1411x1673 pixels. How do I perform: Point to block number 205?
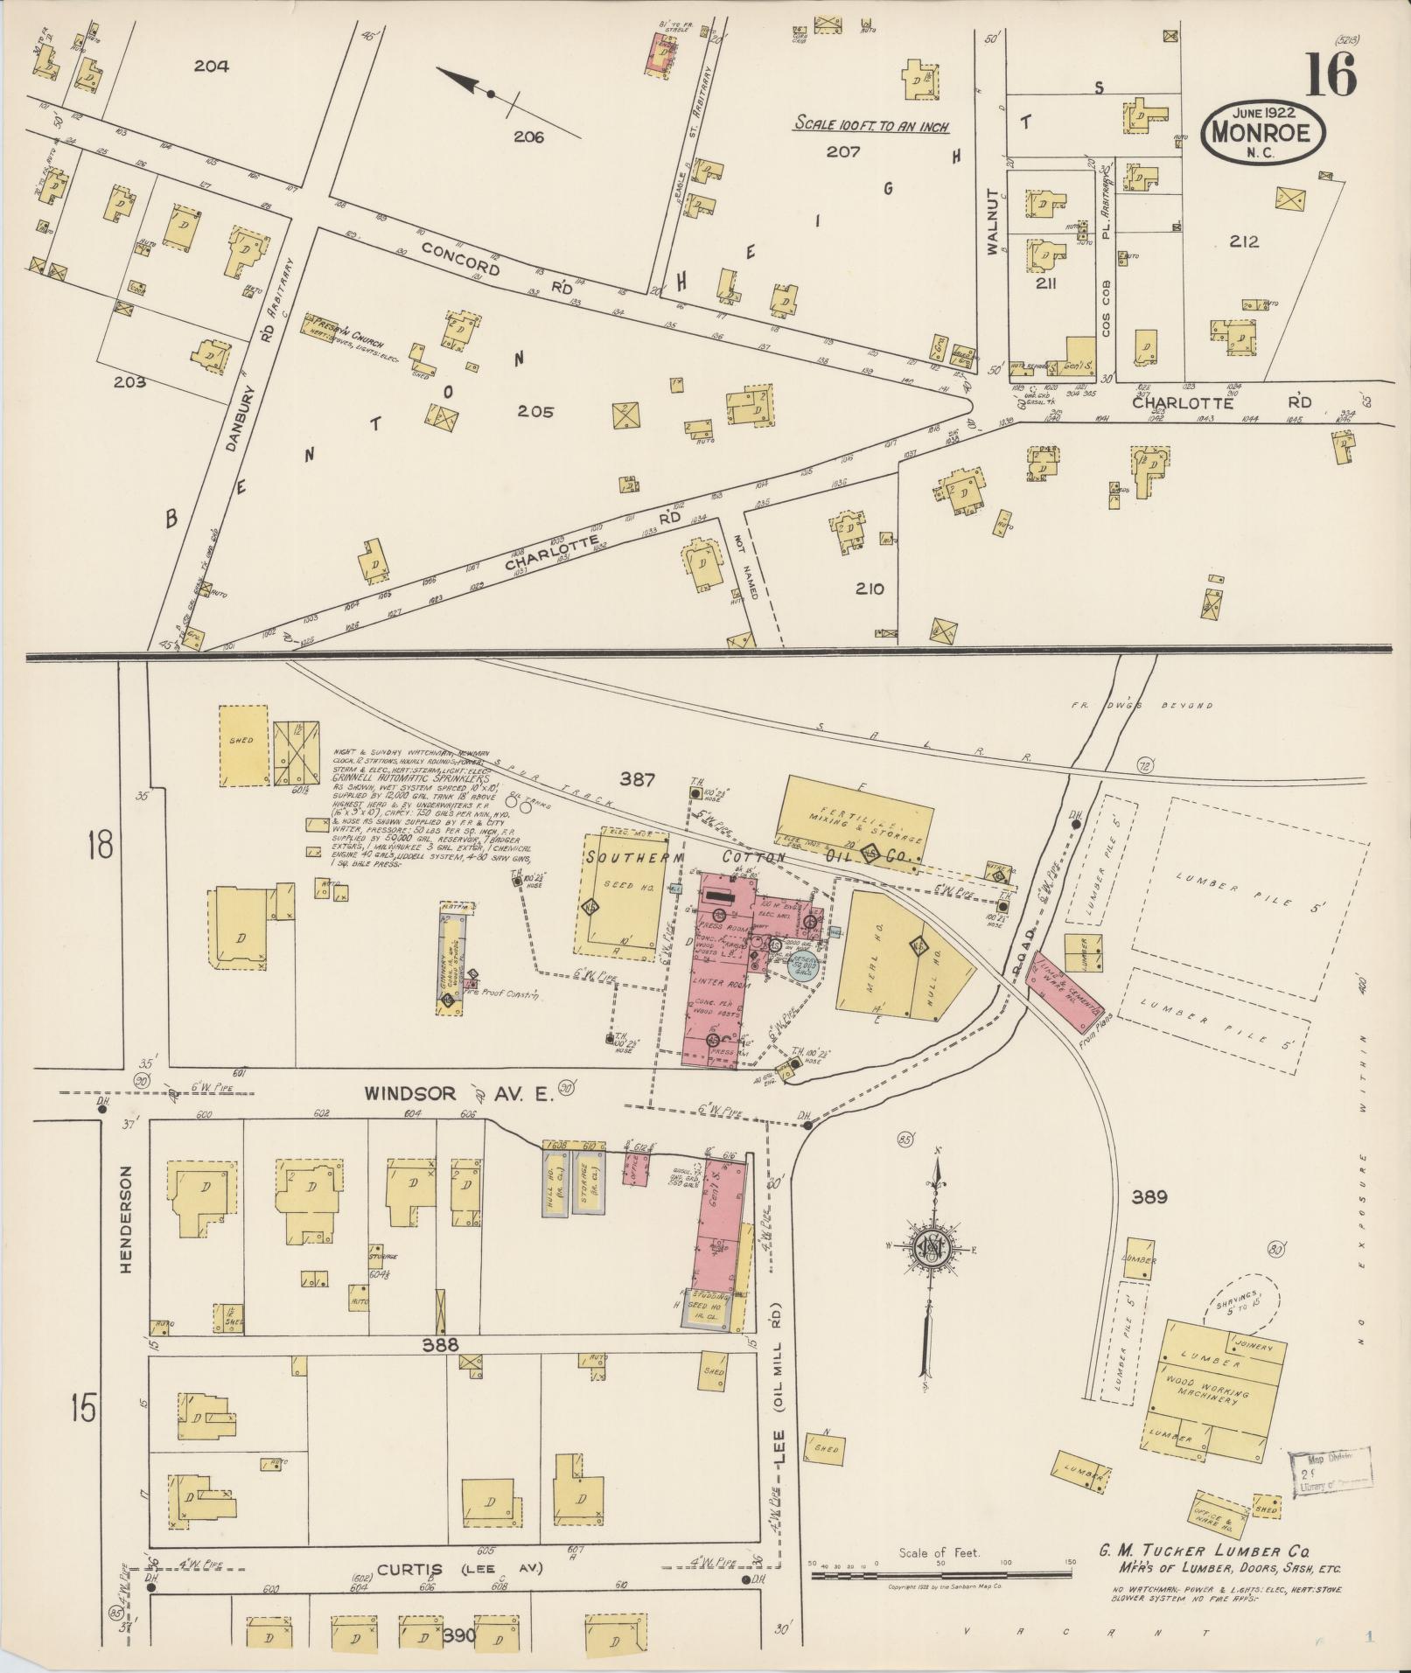(534, 411)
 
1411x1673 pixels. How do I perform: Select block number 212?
(1242, 241)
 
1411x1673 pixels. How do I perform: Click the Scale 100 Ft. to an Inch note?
(871, 124)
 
